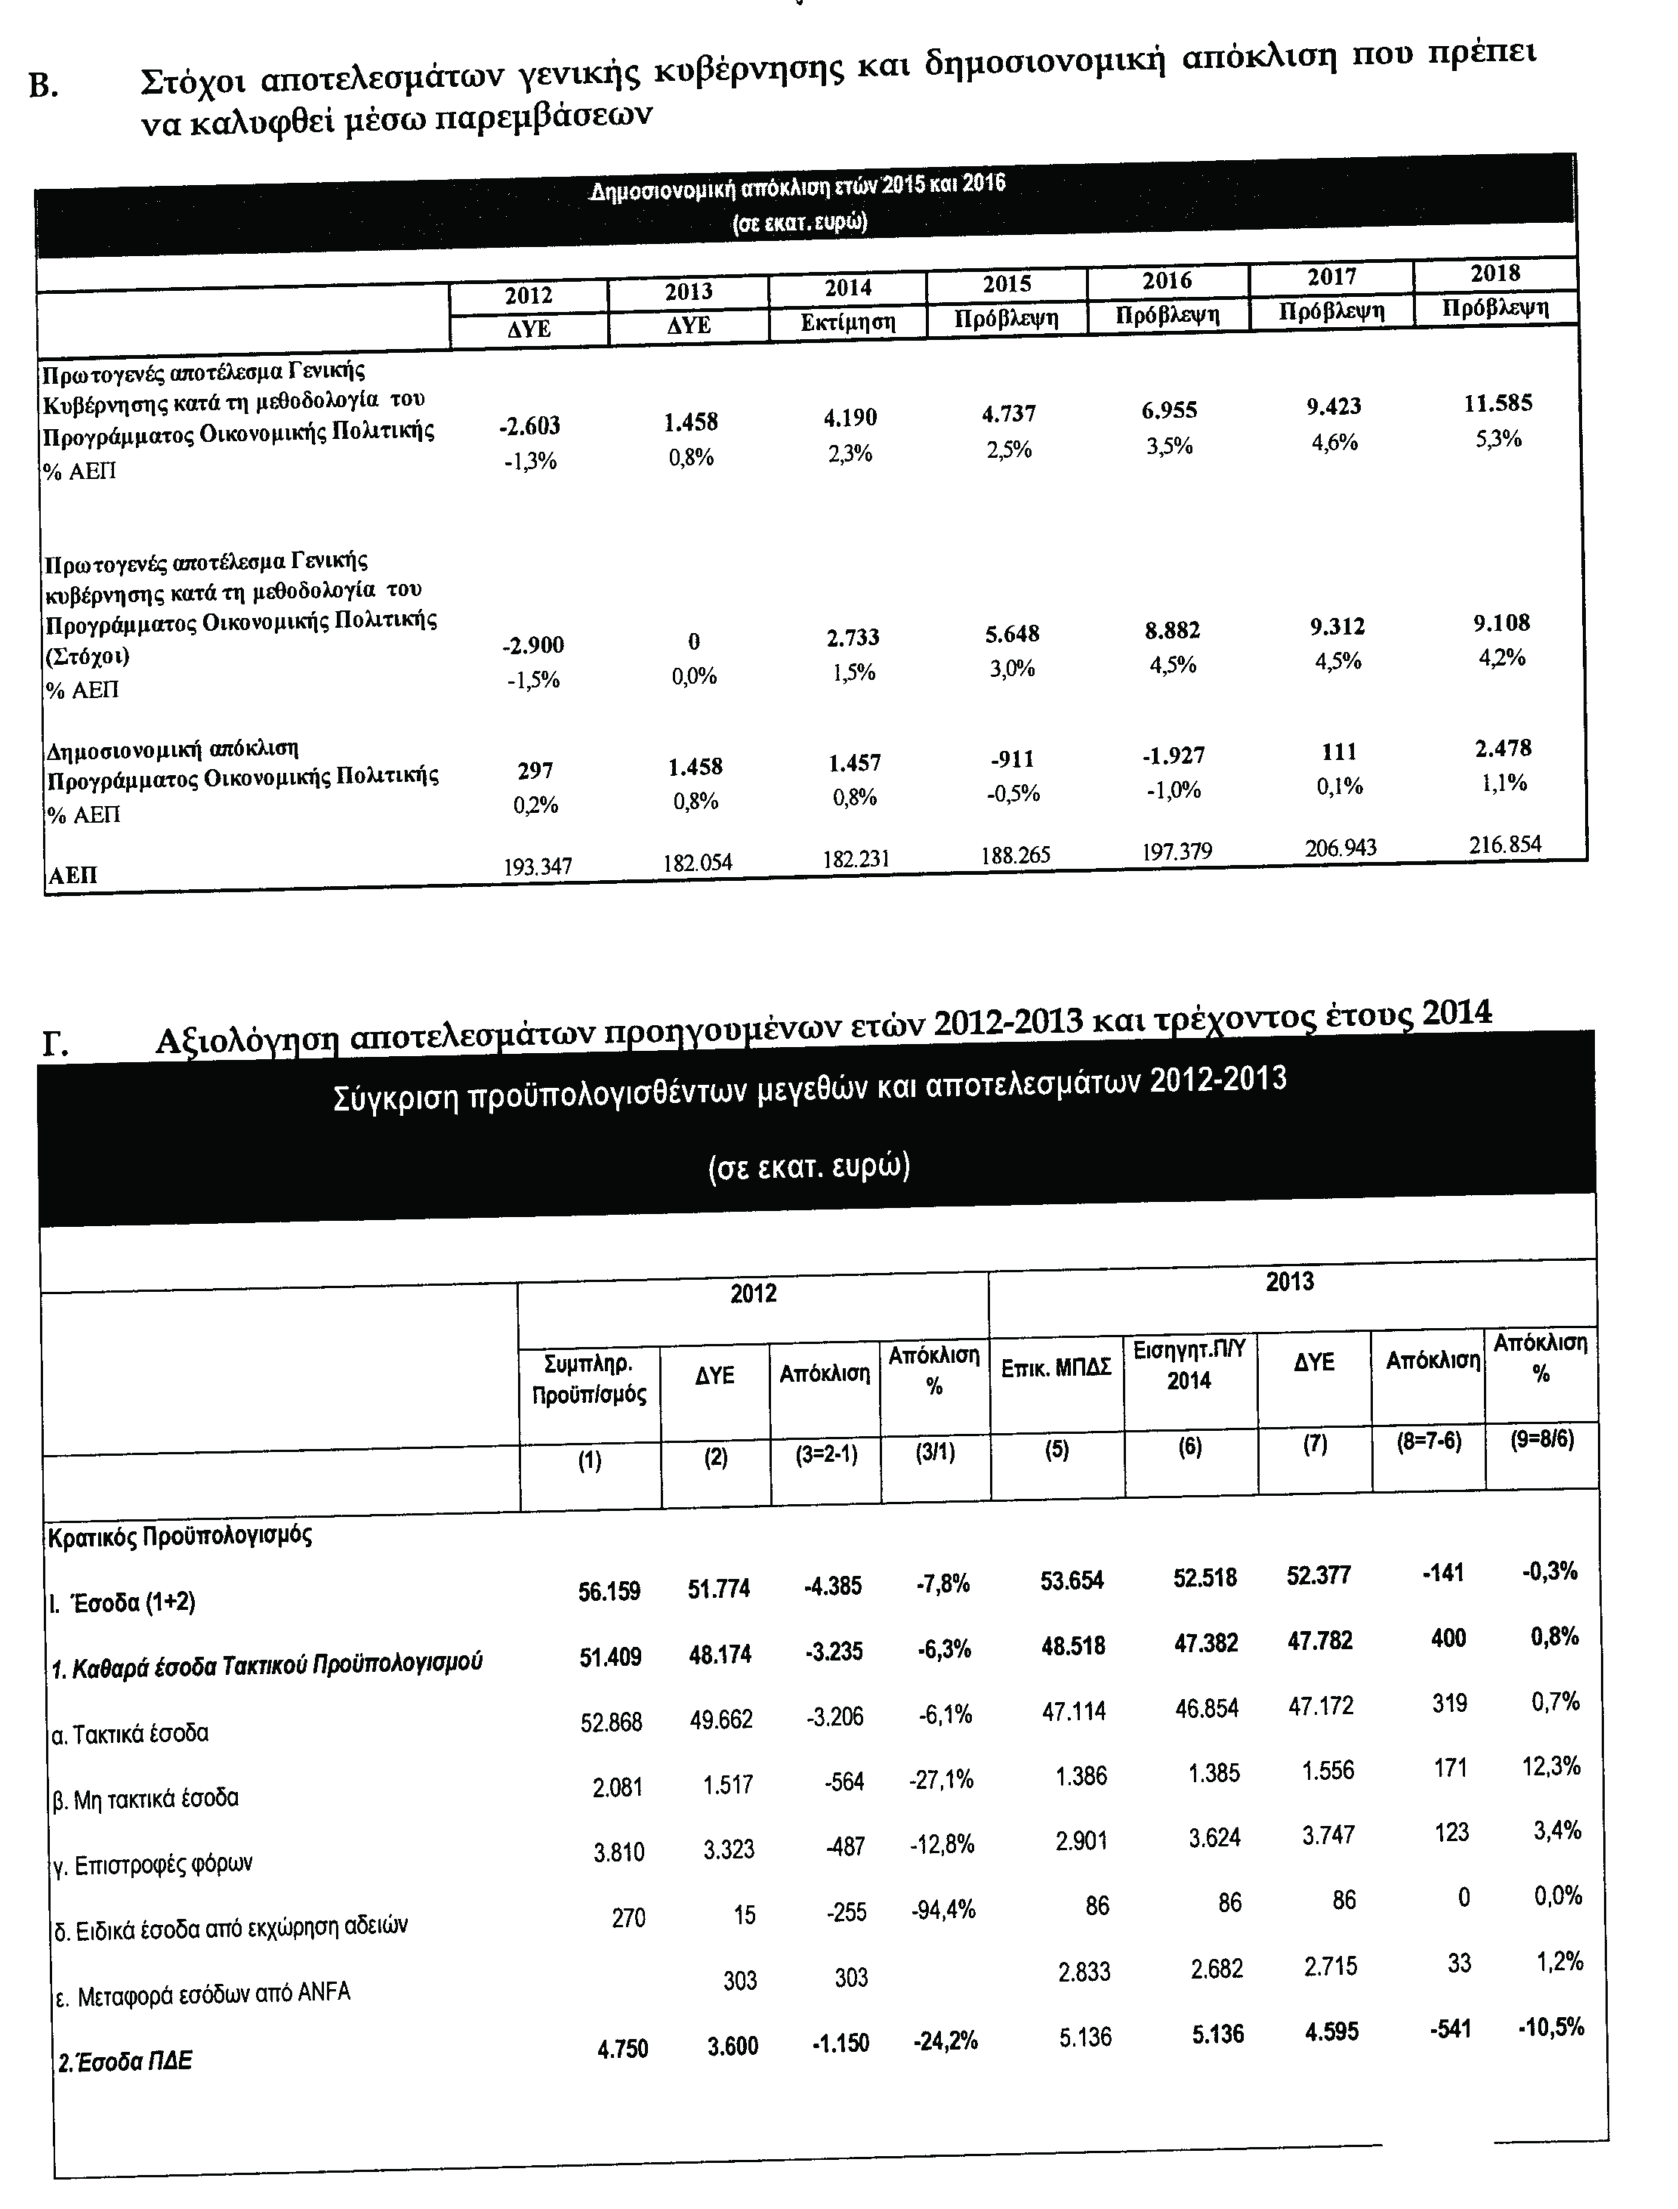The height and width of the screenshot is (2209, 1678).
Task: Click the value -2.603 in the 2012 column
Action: click(x=529, y=425)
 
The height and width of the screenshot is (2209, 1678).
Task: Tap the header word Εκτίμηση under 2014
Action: click(x=848, y=323)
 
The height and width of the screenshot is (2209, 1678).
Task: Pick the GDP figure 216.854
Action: click(x=1504, y=844)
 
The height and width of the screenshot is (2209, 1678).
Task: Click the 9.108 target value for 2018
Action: click(x=1501, y=623)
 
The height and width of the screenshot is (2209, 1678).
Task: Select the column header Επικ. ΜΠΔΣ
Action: click(x=1056, y=1367)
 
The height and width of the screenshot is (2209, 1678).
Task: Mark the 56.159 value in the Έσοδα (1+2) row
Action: click(x=609, y=1590)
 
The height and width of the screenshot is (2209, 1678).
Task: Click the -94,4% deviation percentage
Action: click(x=942, y=1911)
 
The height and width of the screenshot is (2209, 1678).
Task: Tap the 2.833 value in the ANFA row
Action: click(x=1084, y=1971)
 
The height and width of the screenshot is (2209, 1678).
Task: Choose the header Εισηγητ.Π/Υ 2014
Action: click(x=1189, y=1366)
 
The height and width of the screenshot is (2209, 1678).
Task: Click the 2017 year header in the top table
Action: click(x=1331, y=277)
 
